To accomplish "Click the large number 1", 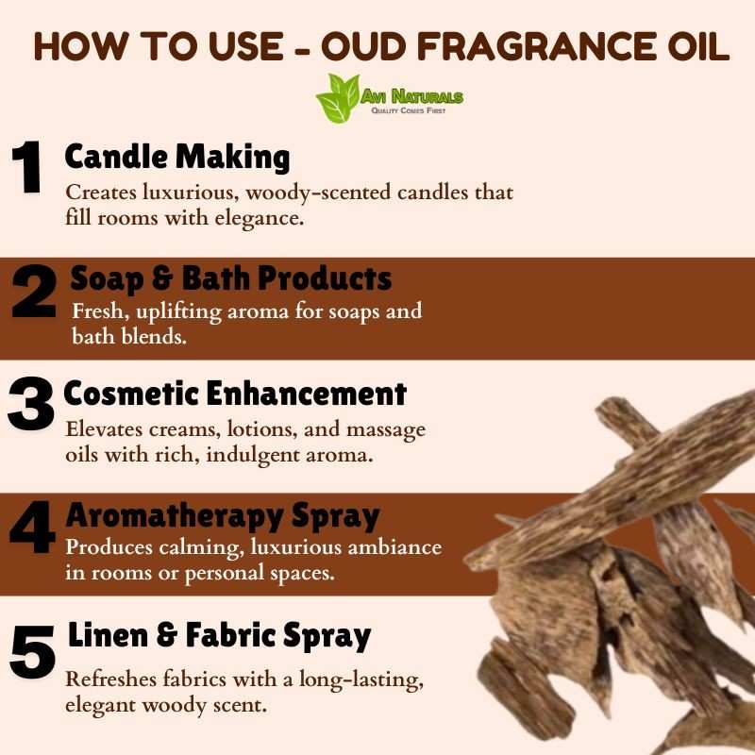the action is (27, 167).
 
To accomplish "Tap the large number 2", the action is (34, 291).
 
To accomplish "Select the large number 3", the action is (31, 404).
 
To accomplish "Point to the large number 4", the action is (32, 527).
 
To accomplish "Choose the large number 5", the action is (32, 651).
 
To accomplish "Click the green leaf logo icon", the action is (339, 98).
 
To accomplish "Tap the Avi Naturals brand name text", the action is (411, 97).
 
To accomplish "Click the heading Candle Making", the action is (177, 158).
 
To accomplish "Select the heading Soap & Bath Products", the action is (230, 278).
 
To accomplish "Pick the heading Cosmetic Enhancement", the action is (235, 394).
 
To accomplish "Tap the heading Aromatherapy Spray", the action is (223, 516).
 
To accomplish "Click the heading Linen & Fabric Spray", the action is (219, 635).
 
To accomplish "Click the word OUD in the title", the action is (364, 46).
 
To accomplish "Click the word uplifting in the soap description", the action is (179, 312).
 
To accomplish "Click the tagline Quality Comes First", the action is (409, 110).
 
